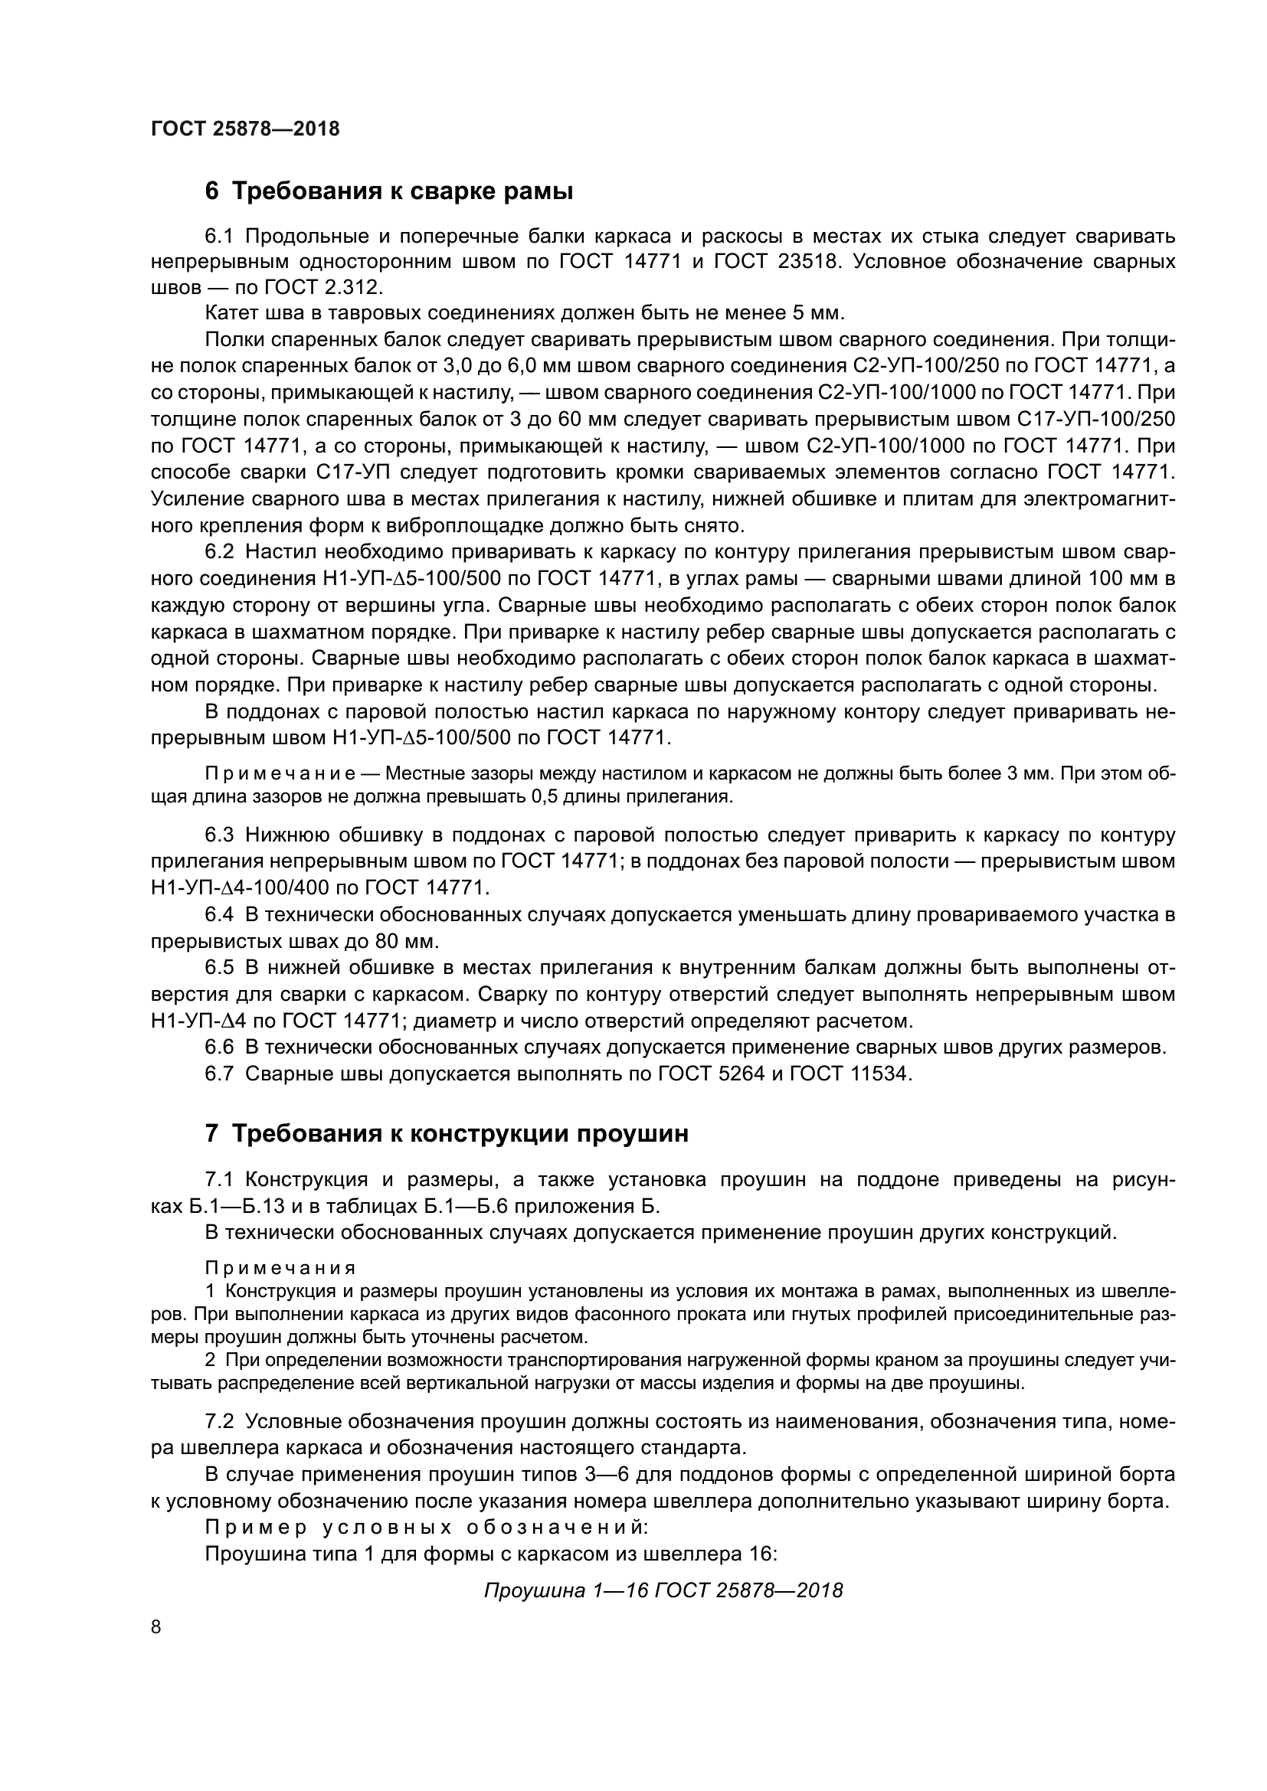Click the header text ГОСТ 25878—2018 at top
click(245, 129)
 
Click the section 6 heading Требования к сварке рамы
click(388, 191)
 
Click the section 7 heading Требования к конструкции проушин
click(447, 1133)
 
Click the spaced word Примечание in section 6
click(281, 774)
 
